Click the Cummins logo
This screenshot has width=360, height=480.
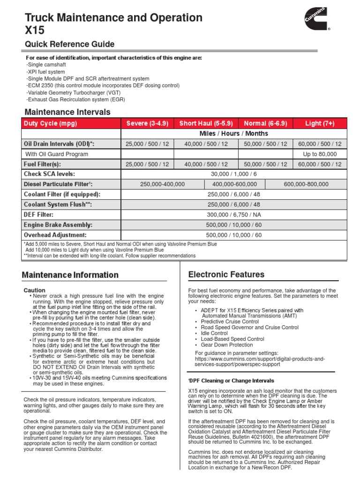pos(314,20)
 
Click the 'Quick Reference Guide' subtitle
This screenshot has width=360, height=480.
pos(69,45)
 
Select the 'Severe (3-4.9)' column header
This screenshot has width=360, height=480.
pos(147,123)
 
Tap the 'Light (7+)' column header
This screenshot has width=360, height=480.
pos(320,123)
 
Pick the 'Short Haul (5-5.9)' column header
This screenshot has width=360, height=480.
pos(206,123)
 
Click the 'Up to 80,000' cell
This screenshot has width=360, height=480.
pos(320,154)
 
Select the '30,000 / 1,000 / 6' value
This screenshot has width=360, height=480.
pos(234,174)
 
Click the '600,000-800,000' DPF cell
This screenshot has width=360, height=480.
pos(306,184)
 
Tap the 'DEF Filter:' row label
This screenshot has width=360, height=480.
pos(39,214)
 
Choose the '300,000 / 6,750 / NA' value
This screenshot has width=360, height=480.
pos(234,214)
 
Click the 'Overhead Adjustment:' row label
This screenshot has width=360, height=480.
pos(55,235)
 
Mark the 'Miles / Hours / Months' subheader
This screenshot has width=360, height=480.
pos(234,134)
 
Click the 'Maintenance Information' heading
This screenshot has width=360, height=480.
pos(70,275)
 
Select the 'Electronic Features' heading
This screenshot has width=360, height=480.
pos(226,275)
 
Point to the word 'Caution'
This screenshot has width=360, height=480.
pos(35,291)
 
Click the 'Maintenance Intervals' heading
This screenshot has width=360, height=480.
pos(67,112)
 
